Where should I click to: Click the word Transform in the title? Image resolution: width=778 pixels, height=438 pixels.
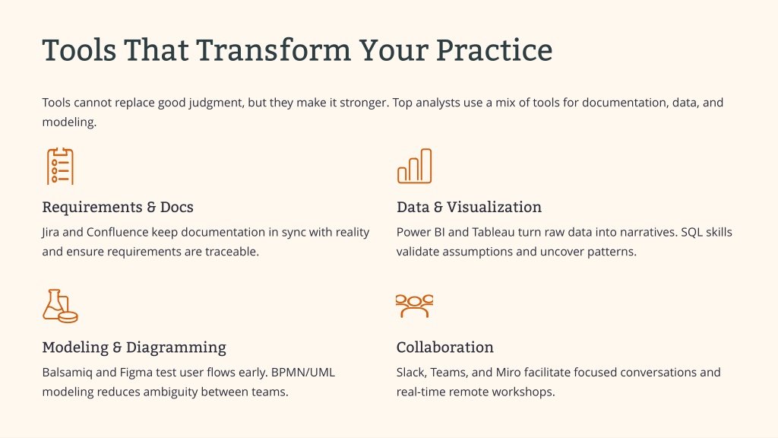pyautogui.click(x=274, y=50)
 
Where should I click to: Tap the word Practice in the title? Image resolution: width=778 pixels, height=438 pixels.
pyautogui.click(x=494, y=50)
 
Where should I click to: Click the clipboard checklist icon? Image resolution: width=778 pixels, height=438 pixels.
pyautogui.click(x=61, y=167)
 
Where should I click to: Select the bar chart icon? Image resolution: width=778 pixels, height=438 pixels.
pyautogui.click(x=414, y=167)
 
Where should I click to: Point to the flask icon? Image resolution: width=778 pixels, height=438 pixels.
pyautogui.click(x=59, y=306)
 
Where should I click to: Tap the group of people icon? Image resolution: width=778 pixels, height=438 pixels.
pyautogui.click(x=414, y=306)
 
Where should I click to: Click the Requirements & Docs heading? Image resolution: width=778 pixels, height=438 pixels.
pyautogui.click(x=118, y=207)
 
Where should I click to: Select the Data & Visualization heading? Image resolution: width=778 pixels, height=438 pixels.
pyautogui.click(x=469, y=207)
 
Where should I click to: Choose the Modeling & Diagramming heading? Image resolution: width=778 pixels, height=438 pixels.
pyautogui.click(x=134, y=347)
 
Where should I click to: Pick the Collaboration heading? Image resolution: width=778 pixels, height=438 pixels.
pyautogui.click(x=445, y=347)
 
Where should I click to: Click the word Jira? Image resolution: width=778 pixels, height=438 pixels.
pyautogui.click(x=51, y=233)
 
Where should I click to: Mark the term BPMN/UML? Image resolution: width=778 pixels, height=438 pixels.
pyautogui.click(x=303, y=373)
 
